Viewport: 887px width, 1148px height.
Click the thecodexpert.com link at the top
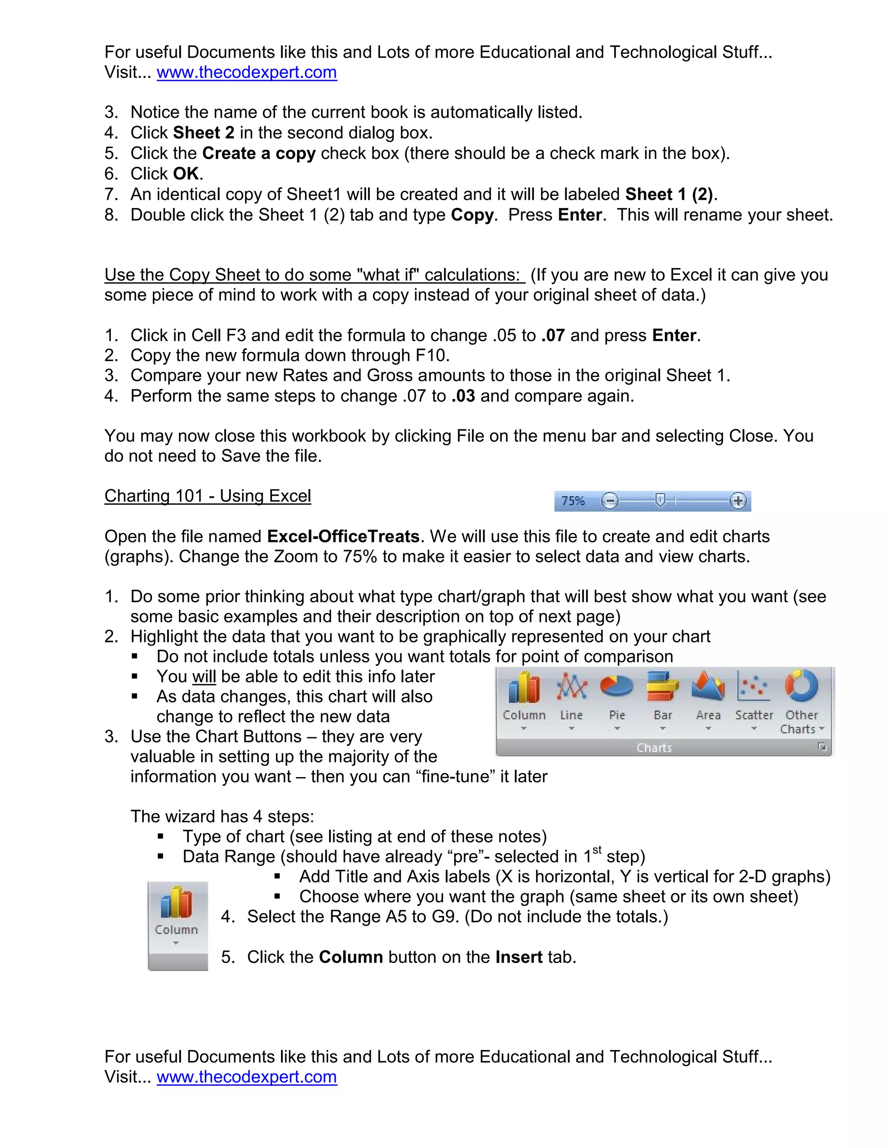pos(246,72)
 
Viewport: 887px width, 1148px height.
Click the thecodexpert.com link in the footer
pos(246,1077)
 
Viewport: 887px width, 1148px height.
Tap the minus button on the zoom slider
pos(609,501)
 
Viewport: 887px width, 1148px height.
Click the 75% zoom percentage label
pos(573,501)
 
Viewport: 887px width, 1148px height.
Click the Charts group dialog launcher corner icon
pos(822,747)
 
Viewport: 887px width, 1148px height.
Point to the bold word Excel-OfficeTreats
pos(343,536)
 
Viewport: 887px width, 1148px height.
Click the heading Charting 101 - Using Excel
pos(207,496)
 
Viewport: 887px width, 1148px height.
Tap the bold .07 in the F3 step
pos(553,335)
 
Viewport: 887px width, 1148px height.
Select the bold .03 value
pos(463,396)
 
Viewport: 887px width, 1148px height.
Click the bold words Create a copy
pos(259,153)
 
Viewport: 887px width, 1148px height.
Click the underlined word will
pos(204,677)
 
